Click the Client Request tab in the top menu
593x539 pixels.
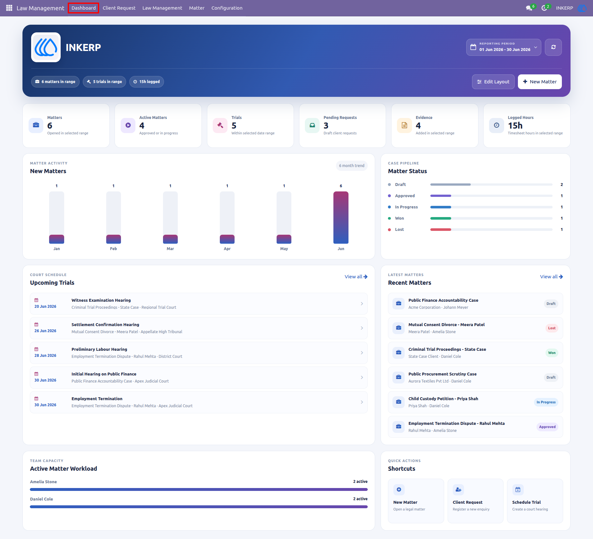pyautogui.click(x=119, y=8)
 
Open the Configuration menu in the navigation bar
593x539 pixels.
pyautogui.click(x=227, y=8)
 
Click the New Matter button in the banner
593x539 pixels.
pyautogui.click(x=540, y=82)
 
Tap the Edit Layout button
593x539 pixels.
pyautogui.click(x=493, y=82)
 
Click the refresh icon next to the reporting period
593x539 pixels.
pyautogui.click(x=553, y=47)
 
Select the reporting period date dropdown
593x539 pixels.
pyautogui.click(x=503, y=47)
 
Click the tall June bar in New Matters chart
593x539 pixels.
pyautogui.click(x=341, y=217)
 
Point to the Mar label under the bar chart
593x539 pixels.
pyautogui.click(x=170, y=249)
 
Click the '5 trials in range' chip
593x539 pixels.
pyautogui.click(x=104, y=82)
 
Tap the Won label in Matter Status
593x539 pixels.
pyautogui.click(x=400, y=218)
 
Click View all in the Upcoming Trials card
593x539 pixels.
pyautogui.click(x=356, y=277)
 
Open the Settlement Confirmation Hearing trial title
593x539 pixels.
pyautogui.click(x=105, y=325)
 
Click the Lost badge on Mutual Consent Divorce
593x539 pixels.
pyautogui.click(x=552, y=328)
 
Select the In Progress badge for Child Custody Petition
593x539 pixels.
pyautogui.click(x=546, y=402)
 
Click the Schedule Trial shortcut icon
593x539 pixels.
pyautogui.click(x=518, y=490)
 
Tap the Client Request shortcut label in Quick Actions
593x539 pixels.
pyautogui.click(x=468, y=502)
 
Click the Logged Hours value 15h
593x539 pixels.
pyautogui.click(x=515, y=126)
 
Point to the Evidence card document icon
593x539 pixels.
pyautogui.click(x=404, y=125)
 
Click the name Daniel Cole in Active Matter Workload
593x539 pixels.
pyautogui.click(x=41, y=499)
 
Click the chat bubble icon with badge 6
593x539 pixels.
pyautogui.click(x=529, y=8)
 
